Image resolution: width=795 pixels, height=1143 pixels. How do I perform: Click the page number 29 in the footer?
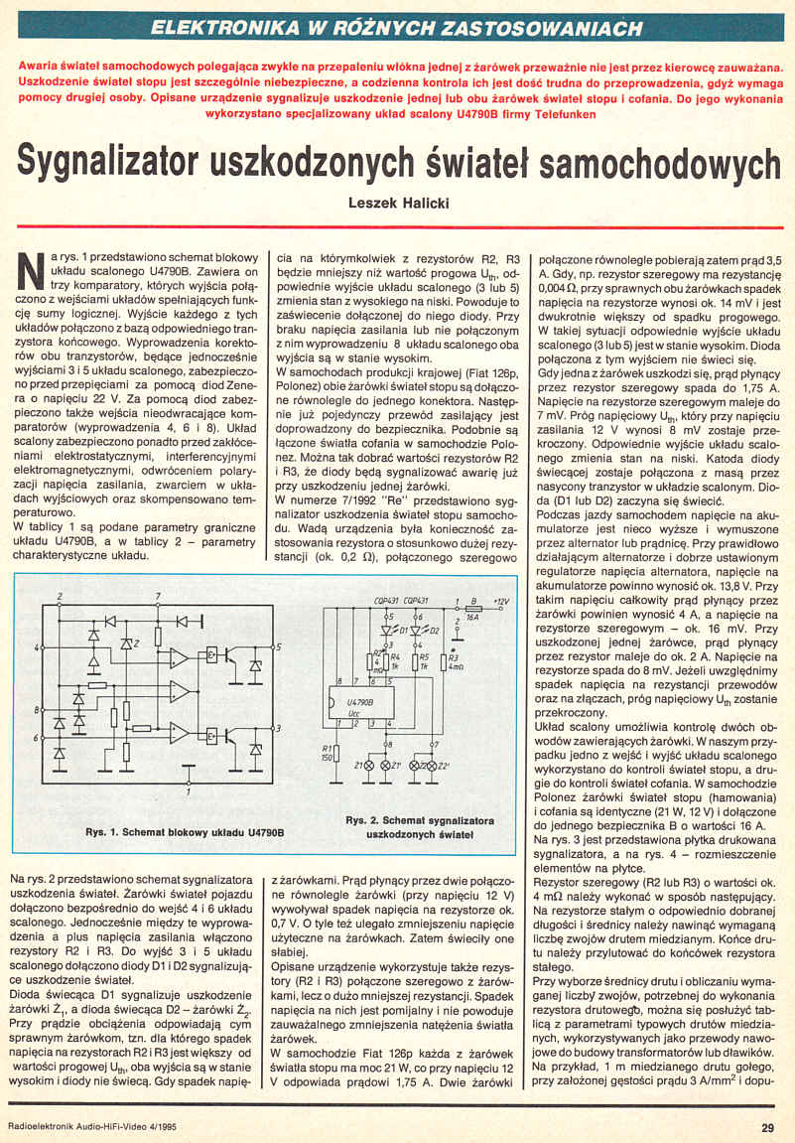click(x=768, y=1126)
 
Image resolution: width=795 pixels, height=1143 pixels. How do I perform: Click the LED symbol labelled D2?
click(x=415, y=629)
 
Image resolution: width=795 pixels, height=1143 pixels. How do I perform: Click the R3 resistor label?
click(x=455, y=655)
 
